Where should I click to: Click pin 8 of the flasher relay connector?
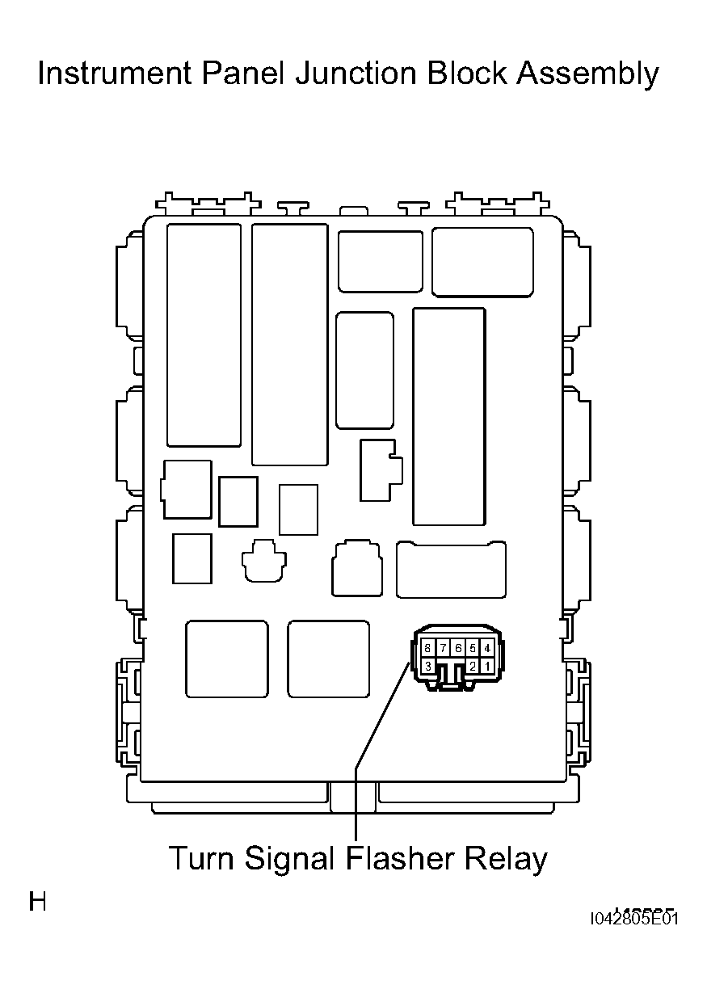click(x=427, y=648)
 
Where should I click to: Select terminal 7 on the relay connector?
click(x=443, y=648)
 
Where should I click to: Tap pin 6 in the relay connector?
click(x=457, y=648)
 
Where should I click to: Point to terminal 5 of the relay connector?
click(x=473, y=648)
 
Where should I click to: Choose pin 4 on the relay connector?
click(x=487, y=648)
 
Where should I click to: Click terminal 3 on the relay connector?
click(x=427, y=666)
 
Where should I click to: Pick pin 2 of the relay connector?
click(x=473, y=666)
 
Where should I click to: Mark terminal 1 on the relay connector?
click(x=487, y=666)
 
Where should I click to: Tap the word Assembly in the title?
click(x=587, y=75)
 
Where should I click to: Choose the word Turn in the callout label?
click(x=198, y=857)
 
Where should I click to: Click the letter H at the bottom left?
click(x=37, y=901)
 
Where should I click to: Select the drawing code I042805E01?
click(x=634, y=919)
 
